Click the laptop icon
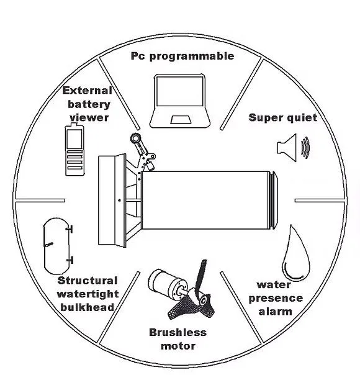point(180,101)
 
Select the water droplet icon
point(296,253)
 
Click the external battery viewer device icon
point(74,149)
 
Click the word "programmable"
point(192,56)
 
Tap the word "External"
point(88,91)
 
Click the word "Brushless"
point(178,332)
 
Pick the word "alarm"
point(276,312)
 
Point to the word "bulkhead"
point(88,307)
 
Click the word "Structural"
point(88,281)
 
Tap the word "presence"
point(276,299)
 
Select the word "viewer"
point(89,118)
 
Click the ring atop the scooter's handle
point(135,138)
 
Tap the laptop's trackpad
point(181,120)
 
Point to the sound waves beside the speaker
point(305,148)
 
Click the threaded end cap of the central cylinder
point(273,200)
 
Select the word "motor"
point(178,346)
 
